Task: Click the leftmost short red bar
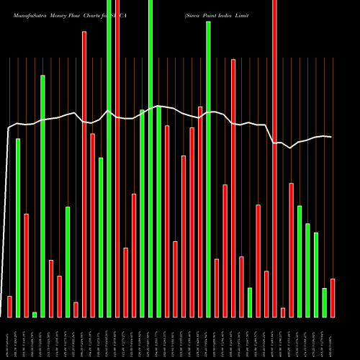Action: coord(9,306)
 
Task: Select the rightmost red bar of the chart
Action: coord(333,297)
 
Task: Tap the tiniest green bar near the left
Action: coord(35,314)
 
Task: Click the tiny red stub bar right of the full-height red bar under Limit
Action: coord(283,312)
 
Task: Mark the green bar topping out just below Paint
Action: coord(208,169)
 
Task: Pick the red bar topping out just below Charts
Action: coord(84,173)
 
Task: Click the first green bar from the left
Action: coord(18,227)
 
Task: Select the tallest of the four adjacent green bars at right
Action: coord(300,261)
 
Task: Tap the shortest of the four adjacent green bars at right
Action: coord(325,302)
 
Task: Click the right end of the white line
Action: coord(331,137)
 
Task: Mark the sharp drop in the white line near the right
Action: coord(271,134)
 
